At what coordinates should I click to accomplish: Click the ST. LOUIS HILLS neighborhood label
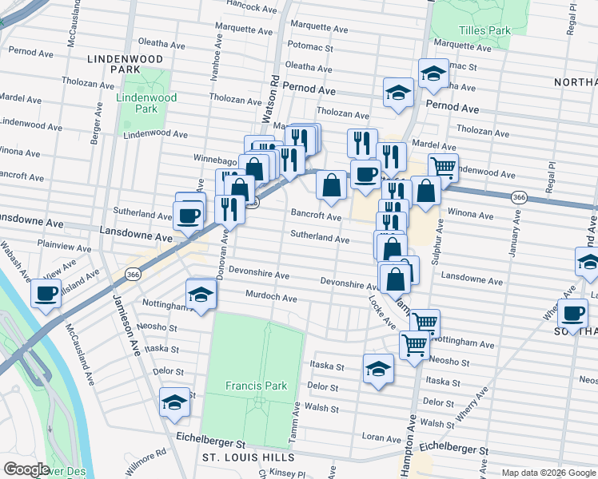coord(248,457)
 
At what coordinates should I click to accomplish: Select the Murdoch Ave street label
coord(271,298)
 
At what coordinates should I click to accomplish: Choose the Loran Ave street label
coord(376,437)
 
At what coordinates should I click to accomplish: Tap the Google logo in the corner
coord(27,469)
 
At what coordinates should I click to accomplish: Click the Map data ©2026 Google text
coord(548,473)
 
